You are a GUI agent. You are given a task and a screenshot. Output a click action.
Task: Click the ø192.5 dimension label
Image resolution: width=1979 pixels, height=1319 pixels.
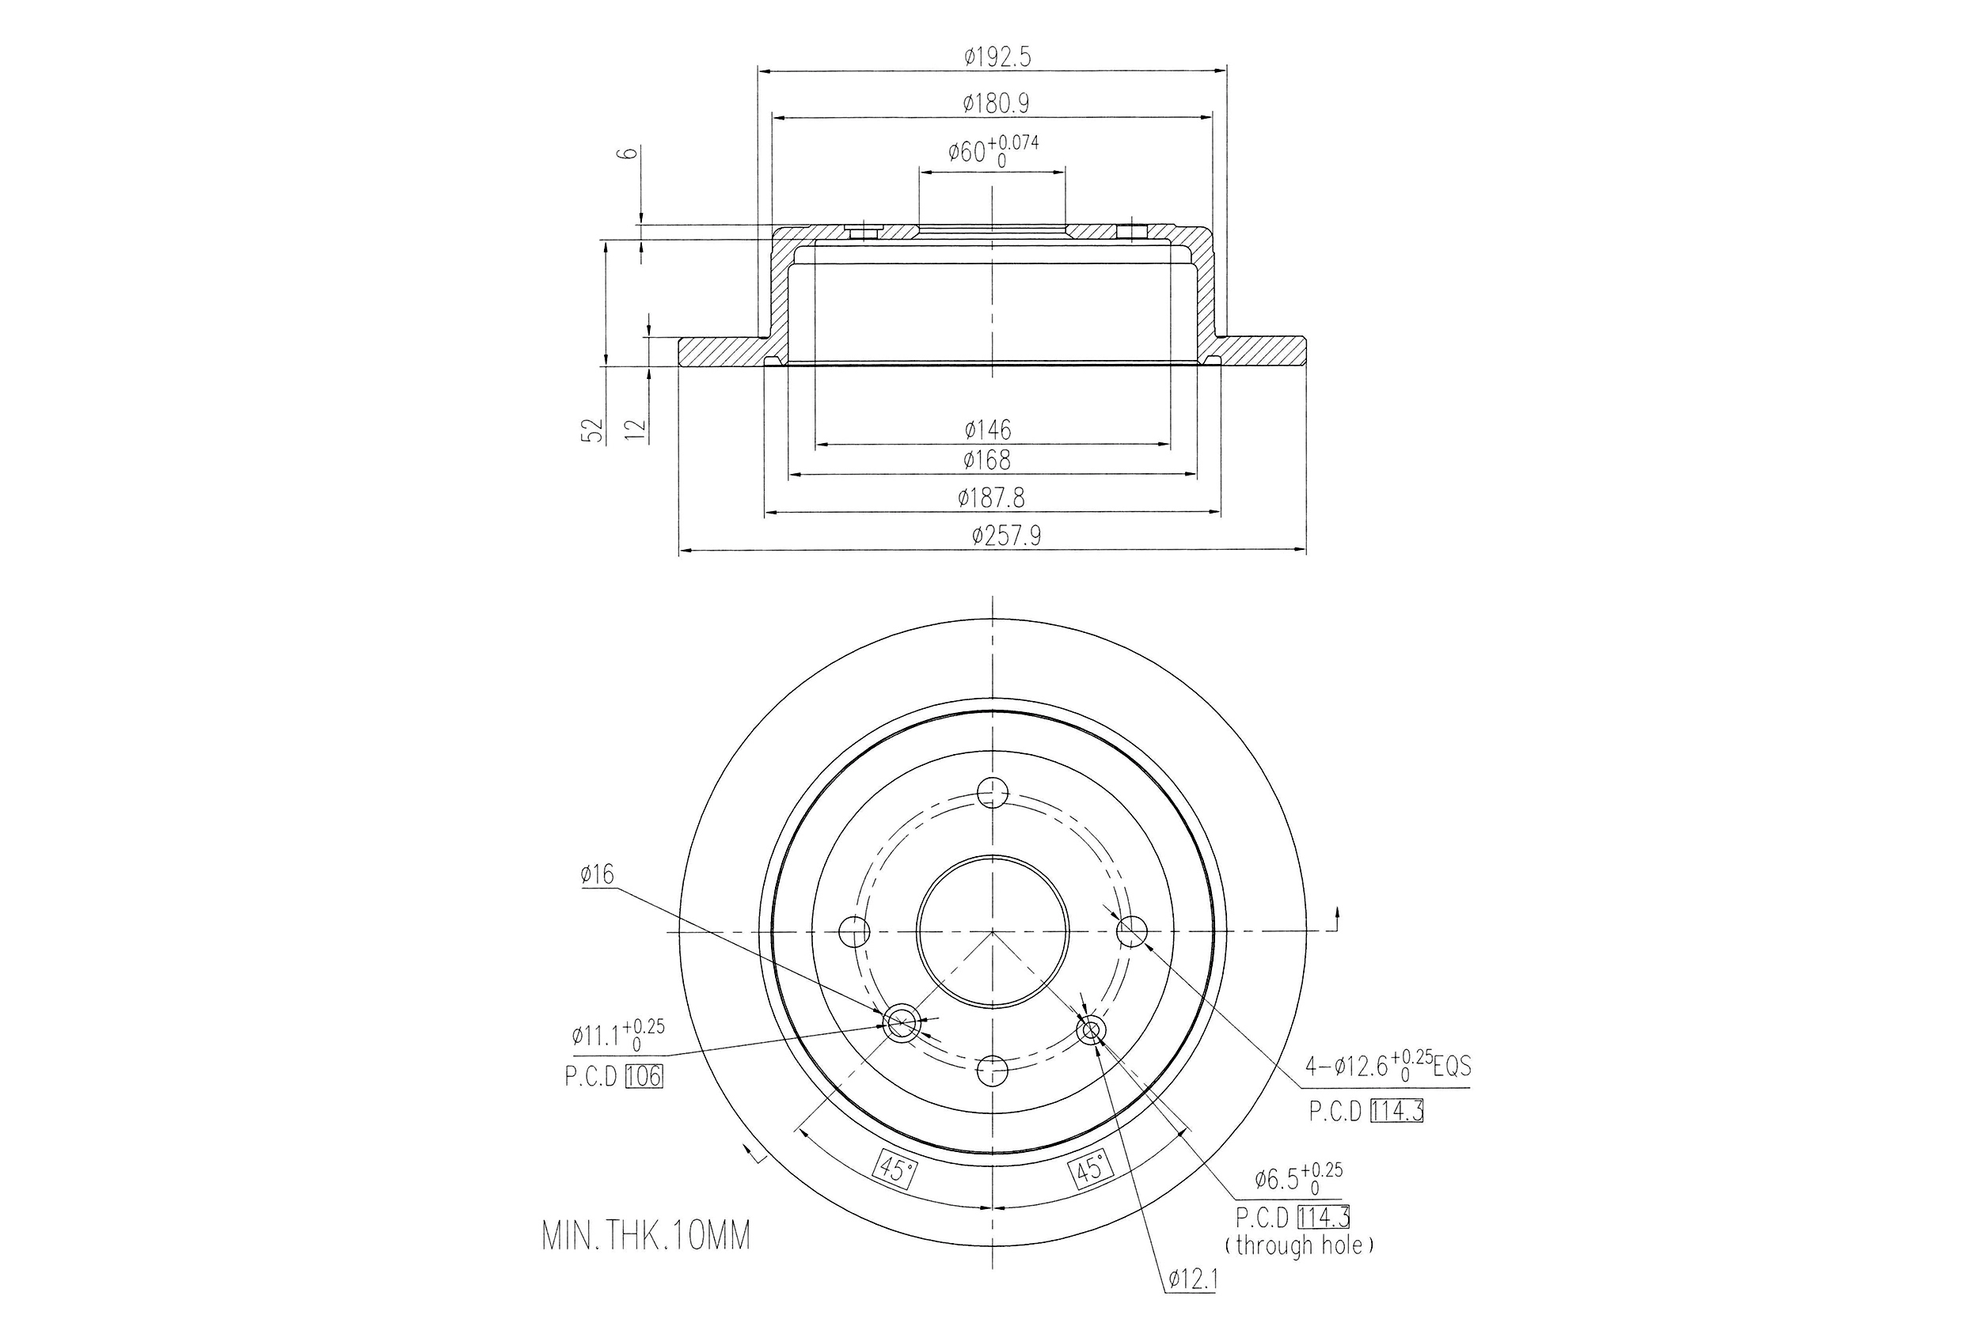click(997, 57)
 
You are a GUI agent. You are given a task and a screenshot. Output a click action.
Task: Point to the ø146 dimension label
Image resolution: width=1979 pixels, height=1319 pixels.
click(988, 430)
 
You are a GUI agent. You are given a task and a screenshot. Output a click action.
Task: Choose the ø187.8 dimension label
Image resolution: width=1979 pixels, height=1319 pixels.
click(991, 498)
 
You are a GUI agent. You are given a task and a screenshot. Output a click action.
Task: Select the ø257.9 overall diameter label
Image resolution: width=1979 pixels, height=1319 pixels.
click(1005, 536)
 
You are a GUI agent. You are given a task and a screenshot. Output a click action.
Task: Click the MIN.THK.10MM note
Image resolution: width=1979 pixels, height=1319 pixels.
click(645, 1237)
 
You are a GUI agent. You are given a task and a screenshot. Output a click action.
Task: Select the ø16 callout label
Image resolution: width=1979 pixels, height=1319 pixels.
click(597, 875)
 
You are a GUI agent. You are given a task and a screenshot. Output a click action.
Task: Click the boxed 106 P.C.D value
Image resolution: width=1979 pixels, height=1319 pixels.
click(644, 1077)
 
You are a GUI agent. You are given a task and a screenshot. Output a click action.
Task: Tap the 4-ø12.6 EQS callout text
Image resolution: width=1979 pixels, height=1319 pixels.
click(1388, 1067)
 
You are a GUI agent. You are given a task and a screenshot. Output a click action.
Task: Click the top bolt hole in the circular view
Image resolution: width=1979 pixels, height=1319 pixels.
click(993, 791)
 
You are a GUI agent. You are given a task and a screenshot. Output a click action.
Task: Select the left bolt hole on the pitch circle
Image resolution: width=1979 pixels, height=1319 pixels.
click(855, 931)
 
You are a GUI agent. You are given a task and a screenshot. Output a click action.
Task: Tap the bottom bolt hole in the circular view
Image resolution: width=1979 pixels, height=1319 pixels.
click(993, 1070)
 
